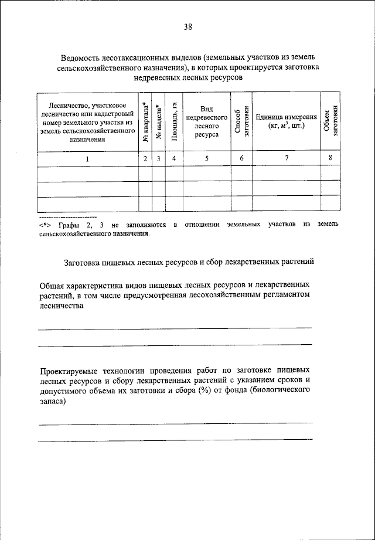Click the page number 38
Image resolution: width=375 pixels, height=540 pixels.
click(187, 26)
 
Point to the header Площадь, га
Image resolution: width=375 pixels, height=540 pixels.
click(174, 121)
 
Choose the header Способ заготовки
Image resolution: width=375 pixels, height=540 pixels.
click(242, 121)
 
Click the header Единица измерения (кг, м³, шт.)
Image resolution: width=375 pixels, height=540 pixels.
click(287, 121)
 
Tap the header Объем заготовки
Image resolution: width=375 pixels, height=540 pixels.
click(331, 121)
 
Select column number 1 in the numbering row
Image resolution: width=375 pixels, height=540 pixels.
click(87, 159)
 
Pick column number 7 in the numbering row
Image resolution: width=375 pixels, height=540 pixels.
click(287, 159)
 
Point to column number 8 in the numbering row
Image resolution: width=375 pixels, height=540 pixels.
click(331, 159)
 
